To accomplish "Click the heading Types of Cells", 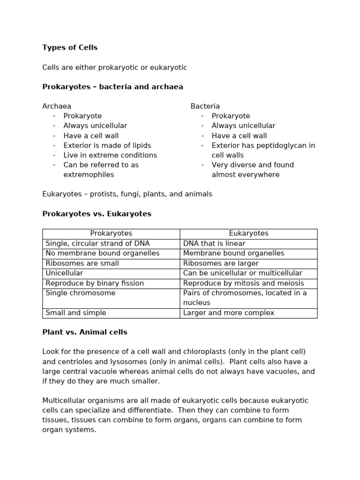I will click(70, 48).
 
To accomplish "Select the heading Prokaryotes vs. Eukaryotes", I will click(97, 214).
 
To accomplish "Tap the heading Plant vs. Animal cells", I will click(85, 332).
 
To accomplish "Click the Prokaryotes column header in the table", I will click(111, 233).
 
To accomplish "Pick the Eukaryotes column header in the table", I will click(248, 233).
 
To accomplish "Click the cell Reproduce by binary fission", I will click(95, 283).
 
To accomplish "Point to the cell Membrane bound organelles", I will click(233, 254).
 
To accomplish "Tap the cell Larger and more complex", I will click(228, 313).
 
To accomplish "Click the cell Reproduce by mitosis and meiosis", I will click(243, 283).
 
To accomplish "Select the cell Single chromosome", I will click(80, 293).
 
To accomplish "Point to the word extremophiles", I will click(89, 175).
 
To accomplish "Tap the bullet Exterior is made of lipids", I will click(107, 145).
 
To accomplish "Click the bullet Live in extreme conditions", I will click(110, 155).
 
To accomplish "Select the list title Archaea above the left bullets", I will click(57, 106).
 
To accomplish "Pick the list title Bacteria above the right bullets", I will click(205, 106).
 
